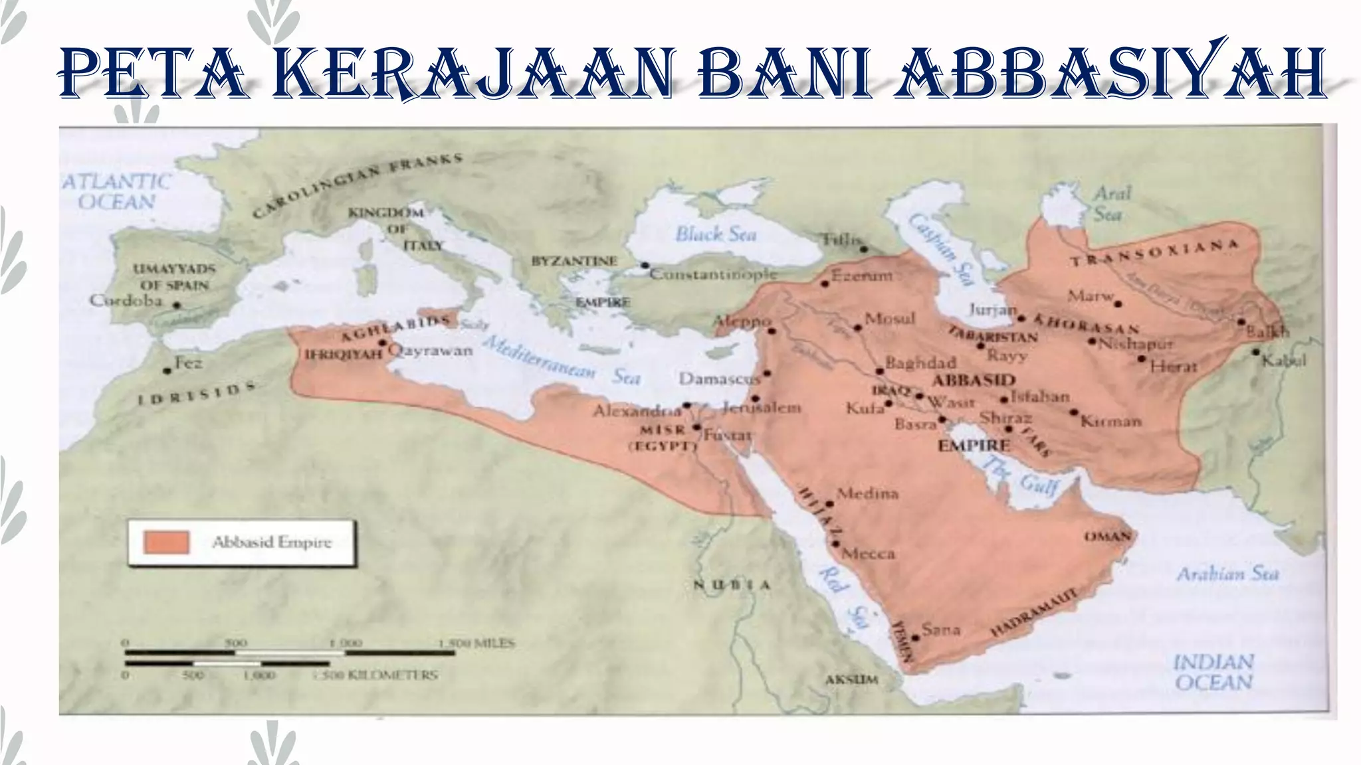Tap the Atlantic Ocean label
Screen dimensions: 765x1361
[117, 191]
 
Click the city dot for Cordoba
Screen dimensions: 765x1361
[177, 305]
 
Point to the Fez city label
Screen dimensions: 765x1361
[189, 363]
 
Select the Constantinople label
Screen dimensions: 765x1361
[713, 274]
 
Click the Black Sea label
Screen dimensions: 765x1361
[716, 234]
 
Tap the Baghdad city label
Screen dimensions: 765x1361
[920, 363]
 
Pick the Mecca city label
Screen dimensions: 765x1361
[869, 553]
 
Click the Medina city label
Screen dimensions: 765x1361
[867, 493]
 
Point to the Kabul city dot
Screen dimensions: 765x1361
[1255, 352]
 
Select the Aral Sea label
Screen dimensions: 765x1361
[1112, 203]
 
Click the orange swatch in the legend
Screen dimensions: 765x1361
[166, 542]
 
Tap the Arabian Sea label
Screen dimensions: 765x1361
[1227, 574]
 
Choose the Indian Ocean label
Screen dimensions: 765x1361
[1213, 671]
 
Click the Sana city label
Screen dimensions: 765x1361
[941, 630]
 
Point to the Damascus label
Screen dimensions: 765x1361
[719, 379]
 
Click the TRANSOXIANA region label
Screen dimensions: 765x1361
[1154, 253]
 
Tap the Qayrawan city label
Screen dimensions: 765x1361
[431, 350]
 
